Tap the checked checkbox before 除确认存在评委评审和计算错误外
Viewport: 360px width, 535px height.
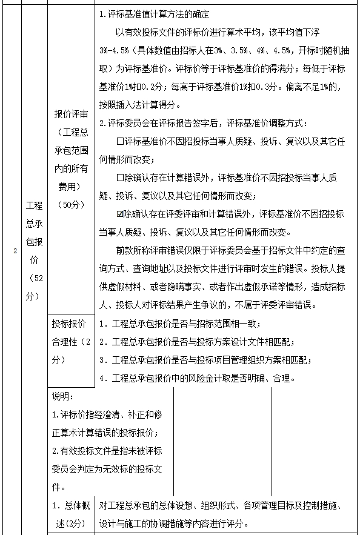click(x=119, y=213)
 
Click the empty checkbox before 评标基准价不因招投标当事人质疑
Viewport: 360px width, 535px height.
click(x=119, y=141)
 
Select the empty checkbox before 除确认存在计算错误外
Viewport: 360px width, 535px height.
click(x=119, y=178)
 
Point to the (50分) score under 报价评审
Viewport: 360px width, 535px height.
click(x=71, y=204)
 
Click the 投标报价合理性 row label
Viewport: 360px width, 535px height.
click(x=71, y=341)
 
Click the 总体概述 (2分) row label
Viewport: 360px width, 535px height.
click(x=71, y=515)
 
